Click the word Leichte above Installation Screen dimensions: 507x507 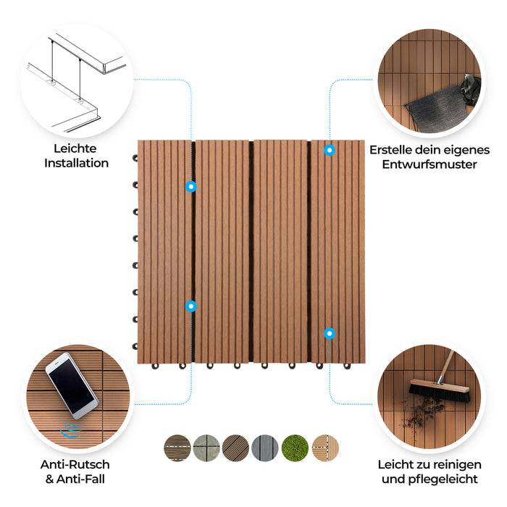tap(75, 148)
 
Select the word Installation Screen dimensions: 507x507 tap(76, 163)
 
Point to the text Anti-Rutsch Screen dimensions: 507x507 tap(75, 464)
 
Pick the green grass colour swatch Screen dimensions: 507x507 tap(295, 448)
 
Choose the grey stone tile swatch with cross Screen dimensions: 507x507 tap(206, 448)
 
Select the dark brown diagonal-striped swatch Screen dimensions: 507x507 tap(236, 448)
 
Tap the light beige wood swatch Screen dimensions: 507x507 tap(324, 448)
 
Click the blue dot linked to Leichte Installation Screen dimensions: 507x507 tap(190, 186)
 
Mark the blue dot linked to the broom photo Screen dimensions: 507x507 tap(330, 333)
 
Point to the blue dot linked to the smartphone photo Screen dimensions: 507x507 tap(190, 306)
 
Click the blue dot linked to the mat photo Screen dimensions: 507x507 tap(330, 150)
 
